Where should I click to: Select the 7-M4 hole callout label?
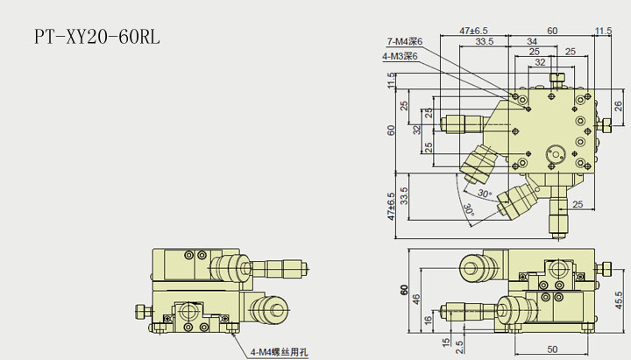pyautogui.click(x=405, y=41)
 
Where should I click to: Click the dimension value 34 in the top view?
pyautogui.click(x=532, y=40)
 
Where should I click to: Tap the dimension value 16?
pyautogui.click(x=427, y=321)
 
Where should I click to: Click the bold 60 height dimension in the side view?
pyautogui.click(x=404, y=291)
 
